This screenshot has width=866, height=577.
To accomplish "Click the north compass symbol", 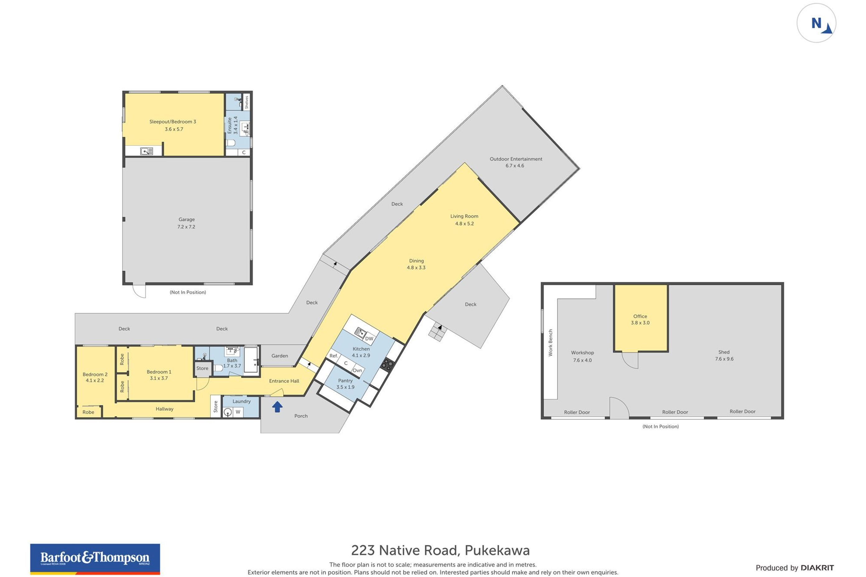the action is coord(816,23).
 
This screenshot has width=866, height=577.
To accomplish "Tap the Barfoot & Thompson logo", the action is coord(95,559).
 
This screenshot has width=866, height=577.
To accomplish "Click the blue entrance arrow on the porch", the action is coord(277,407).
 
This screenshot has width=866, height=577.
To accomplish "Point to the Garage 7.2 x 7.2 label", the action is coord(186,223).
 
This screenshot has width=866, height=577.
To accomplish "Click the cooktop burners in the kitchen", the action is coord(387,364).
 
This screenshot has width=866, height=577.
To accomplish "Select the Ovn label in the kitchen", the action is coord(357,370).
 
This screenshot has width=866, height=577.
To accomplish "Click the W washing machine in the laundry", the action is coord(238,412).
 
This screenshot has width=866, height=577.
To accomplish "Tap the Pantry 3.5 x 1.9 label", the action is coord(345,384).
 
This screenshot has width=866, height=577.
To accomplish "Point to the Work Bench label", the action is coord(551,343).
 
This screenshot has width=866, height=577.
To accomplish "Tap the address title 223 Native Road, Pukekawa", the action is coord(440,550).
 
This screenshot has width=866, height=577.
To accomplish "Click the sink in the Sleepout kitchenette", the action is coord(147,151).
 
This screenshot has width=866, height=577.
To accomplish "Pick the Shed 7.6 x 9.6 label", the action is coord(724,355).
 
